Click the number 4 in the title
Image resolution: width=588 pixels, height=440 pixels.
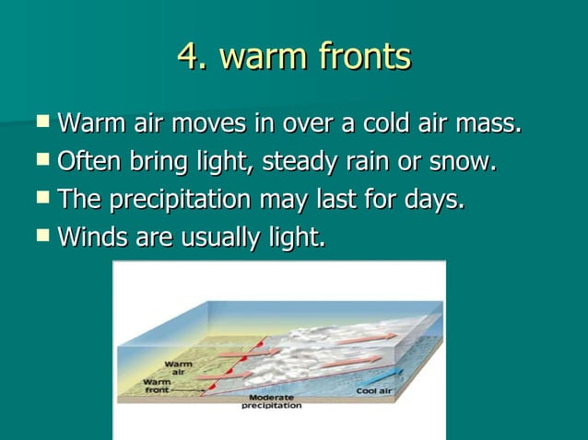click(x=188, y=57)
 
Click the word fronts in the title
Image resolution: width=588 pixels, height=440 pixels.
click(x=364, y=57)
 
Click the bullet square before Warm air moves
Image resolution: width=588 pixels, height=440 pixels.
click(x=43, y=120)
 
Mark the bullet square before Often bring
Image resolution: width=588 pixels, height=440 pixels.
click(x=43, y=158)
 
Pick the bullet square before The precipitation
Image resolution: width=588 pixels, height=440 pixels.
click(x=43, y=196)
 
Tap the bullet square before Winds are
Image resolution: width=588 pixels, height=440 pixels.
click(x=43, y=235)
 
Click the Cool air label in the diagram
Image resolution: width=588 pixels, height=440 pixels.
click(x=375, y=391)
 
